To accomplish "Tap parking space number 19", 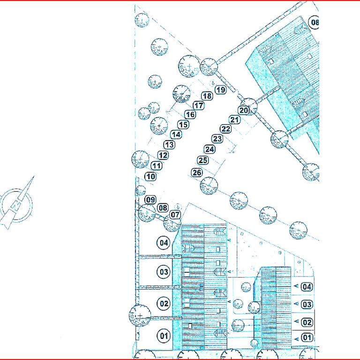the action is click(x=221, y=90).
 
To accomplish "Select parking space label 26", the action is click(x=197, y=172).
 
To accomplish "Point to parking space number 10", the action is click(x=150, y=177).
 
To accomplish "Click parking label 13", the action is click(x=169, y=145).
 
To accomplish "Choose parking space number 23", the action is click(x=217, y=139).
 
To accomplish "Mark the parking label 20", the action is click(x=244, y=111).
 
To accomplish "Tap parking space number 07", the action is click(x=175, y=215).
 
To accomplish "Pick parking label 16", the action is click(x=190, y=114).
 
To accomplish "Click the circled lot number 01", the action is click(x=164, y=336).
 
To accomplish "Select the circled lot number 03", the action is click(x=164, y=272).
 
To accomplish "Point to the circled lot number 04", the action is click(x=164, y=243).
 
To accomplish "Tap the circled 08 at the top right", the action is click(x=314, y=22).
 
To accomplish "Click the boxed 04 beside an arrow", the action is click(x=307, y=287).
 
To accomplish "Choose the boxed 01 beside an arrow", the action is click(x=307, y=337).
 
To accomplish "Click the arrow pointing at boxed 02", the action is click(x=296, y=322).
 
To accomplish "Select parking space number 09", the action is click(x=150, y=200).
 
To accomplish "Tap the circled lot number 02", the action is click(x=164, y=304).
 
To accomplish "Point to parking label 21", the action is click(x=234, y=120).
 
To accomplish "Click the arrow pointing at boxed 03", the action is click(x=296, y=304).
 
